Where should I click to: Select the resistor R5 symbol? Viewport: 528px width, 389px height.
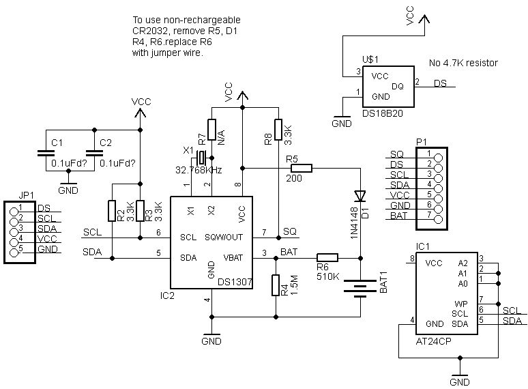point(300,167)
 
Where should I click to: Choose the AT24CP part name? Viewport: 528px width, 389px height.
point(435,338)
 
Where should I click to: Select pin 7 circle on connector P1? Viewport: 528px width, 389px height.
point(438,216)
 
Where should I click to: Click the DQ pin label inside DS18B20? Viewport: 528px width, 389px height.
point(398,86)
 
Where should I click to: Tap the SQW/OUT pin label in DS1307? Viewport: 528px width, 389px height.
point(223,237)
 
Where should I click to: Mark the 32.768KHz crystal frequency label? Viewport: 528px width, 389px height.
point(198,170)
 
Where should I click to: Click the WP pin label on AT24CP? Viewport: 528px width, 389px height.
point(461,303)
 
